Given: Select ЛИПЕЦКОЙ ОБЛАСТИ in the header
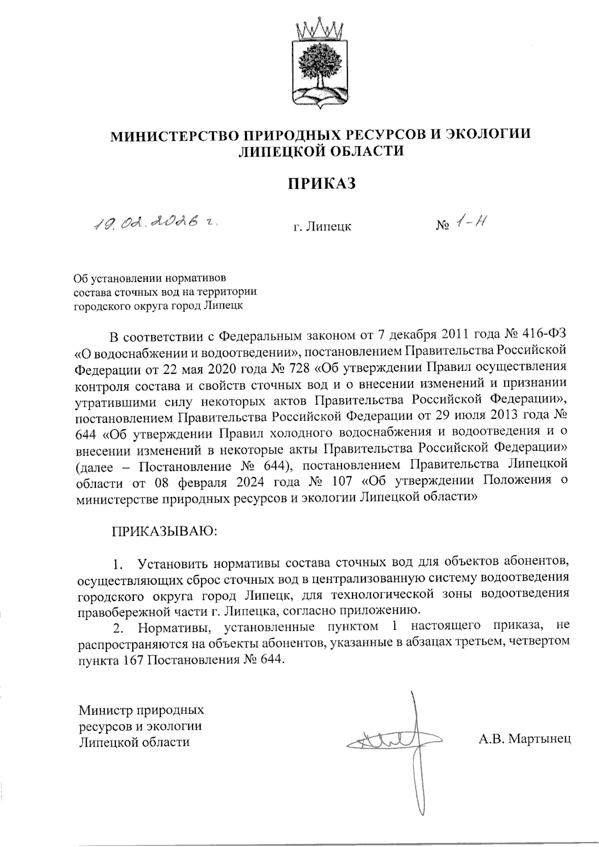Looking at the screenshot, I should pos(322,151).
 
